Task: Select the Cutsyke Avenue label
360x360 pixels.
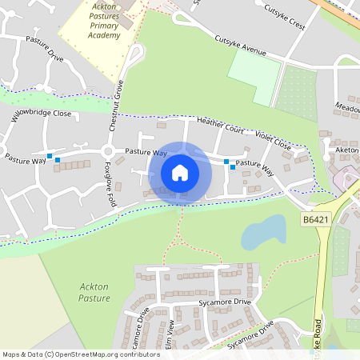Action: click(240, 46)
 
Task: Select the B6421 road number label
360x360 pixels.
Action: click(316, 218)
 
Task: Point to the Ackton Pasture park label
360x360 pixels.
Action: click(95, 291)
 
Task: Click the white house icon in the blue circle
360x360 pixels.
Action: click(180, 172)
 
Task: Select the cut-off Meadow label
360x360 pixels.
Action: click(347, 107)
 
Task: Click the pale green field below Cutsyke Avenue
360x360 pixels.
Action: click(254, 77)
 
